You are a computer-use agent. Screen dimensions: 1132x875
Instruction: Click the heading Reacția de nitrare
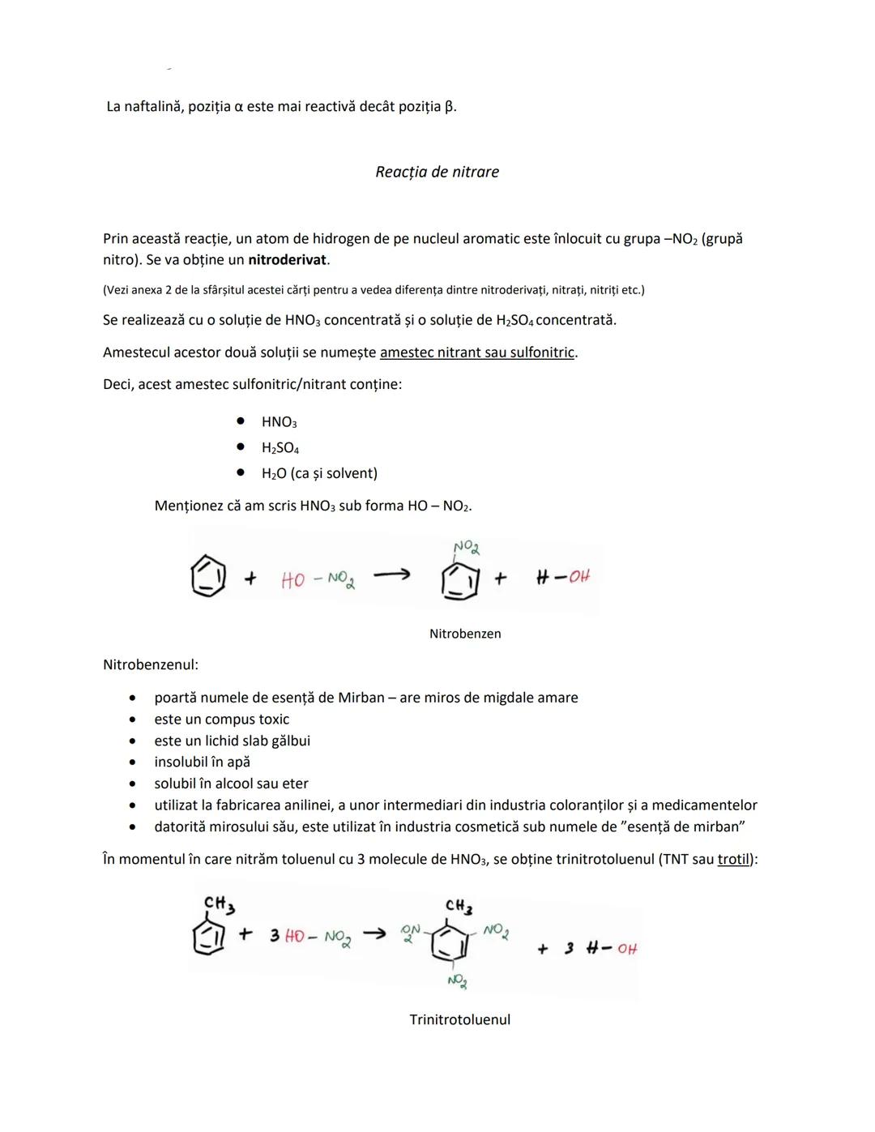[x=437, y=172]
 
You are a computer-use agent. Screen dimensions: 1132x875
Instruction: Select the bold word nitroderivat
[x=288, y=260]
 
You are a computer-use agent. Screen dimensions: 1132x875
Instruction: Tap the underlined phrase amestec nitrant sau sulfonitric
[x=478, y=352]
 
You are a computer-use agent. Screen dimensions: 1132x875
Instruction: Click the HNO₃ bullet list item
[x=279, y=422]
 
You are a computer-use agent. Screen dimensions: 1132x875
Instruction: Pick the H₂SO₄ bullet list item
[x=280, y=448]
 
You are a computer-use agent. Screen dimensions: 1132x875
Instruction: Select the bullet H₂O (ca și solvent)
[x=319, y=473]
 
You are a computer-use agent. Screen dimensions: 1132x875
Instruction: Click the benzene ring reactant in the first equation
[x=207, y=577]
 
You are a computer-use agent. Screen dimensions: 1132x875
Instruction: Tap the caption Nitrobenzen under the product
[x=465, y=634]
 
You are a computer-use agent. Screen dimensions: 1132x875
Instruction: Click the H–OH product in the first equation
[x=563, y=577]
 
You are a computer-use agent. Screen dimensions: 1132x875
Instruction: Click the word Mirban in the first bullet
[x=361, y=698]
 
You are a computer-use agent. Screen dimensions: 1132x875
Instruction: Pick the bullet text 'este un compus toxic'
[x=221, y=720]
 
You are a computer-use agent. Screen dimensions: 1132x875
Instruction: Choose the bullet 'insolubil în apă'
[x=202, y=762]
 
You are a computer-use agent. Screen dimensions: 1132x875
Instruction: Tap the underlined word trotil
[x=734, y=859]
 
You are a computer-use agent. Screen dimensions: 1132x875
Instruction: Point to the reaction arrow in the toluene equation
[x=373, y=934]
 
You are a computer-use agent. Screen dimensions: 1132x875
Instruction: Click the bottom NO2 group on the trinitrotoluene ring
[x=457, y=981]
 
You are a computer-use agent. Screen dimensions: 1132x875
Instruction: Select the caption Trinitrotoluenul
[x=459, y=1019]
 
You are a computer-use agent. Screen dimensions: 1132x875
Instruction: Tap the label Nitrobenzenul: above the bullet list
[x=150, y=665]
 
